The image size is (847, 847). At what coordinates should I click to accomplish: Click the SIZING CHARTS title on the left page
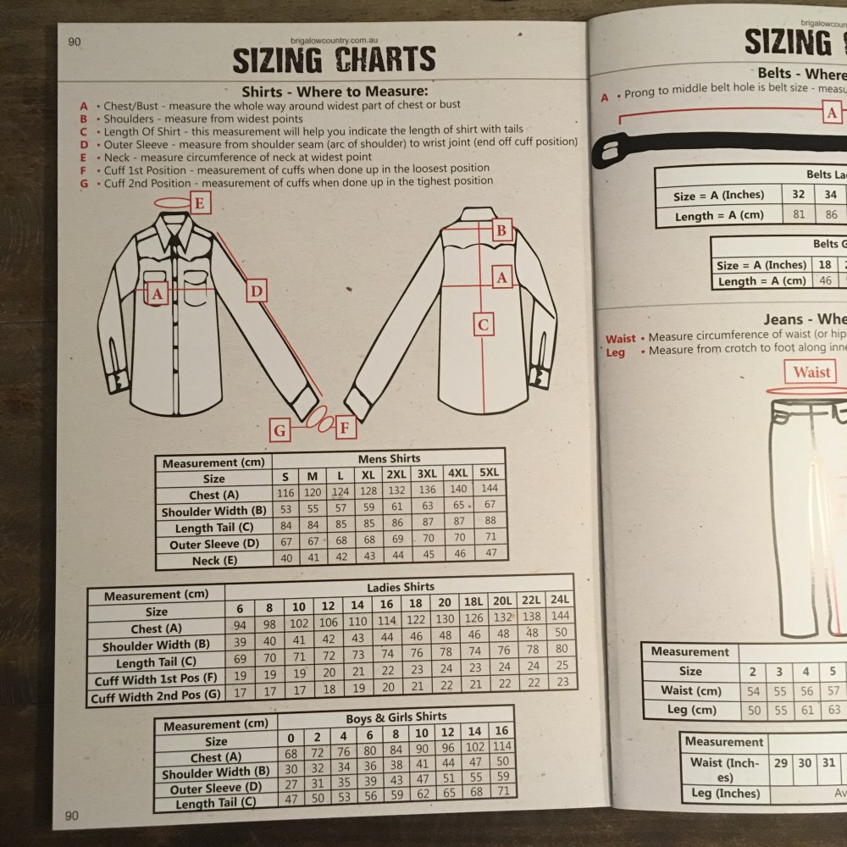(x=334, y=59)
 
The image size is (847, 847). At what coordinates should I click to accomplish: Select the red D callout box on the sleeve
(x=257, y=292)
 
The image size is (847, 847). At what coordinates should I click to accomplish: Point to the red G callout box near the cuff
(x=280, y=430)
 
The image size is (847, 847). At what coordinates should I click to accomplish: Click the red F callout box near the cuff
(x=344, y=429)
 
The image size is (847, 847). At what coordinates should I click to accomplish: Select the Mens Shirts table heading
(x=389, y=458)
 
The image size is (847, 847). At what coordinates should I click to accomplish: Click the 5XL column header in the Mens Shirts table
(x=489, y=473)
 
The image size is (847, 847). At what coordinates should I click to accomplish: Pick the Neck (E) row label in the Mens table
(x=213, y=560)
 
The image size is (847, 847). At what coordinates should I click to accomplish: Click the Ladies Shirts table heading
(x=401, y=586)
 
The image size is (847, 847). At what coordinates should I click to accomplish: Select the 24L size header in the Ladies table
(x=559, y=600)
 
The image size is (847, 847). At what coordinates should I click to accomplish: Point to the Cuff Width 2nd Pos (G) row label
(x=158, y=698)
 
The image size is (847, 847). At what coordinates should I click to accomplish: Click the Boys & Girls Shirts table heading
(x=396, y=717)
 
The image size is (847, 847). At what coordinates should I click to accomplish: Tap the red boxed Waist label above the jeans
(x=811, y=372)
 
